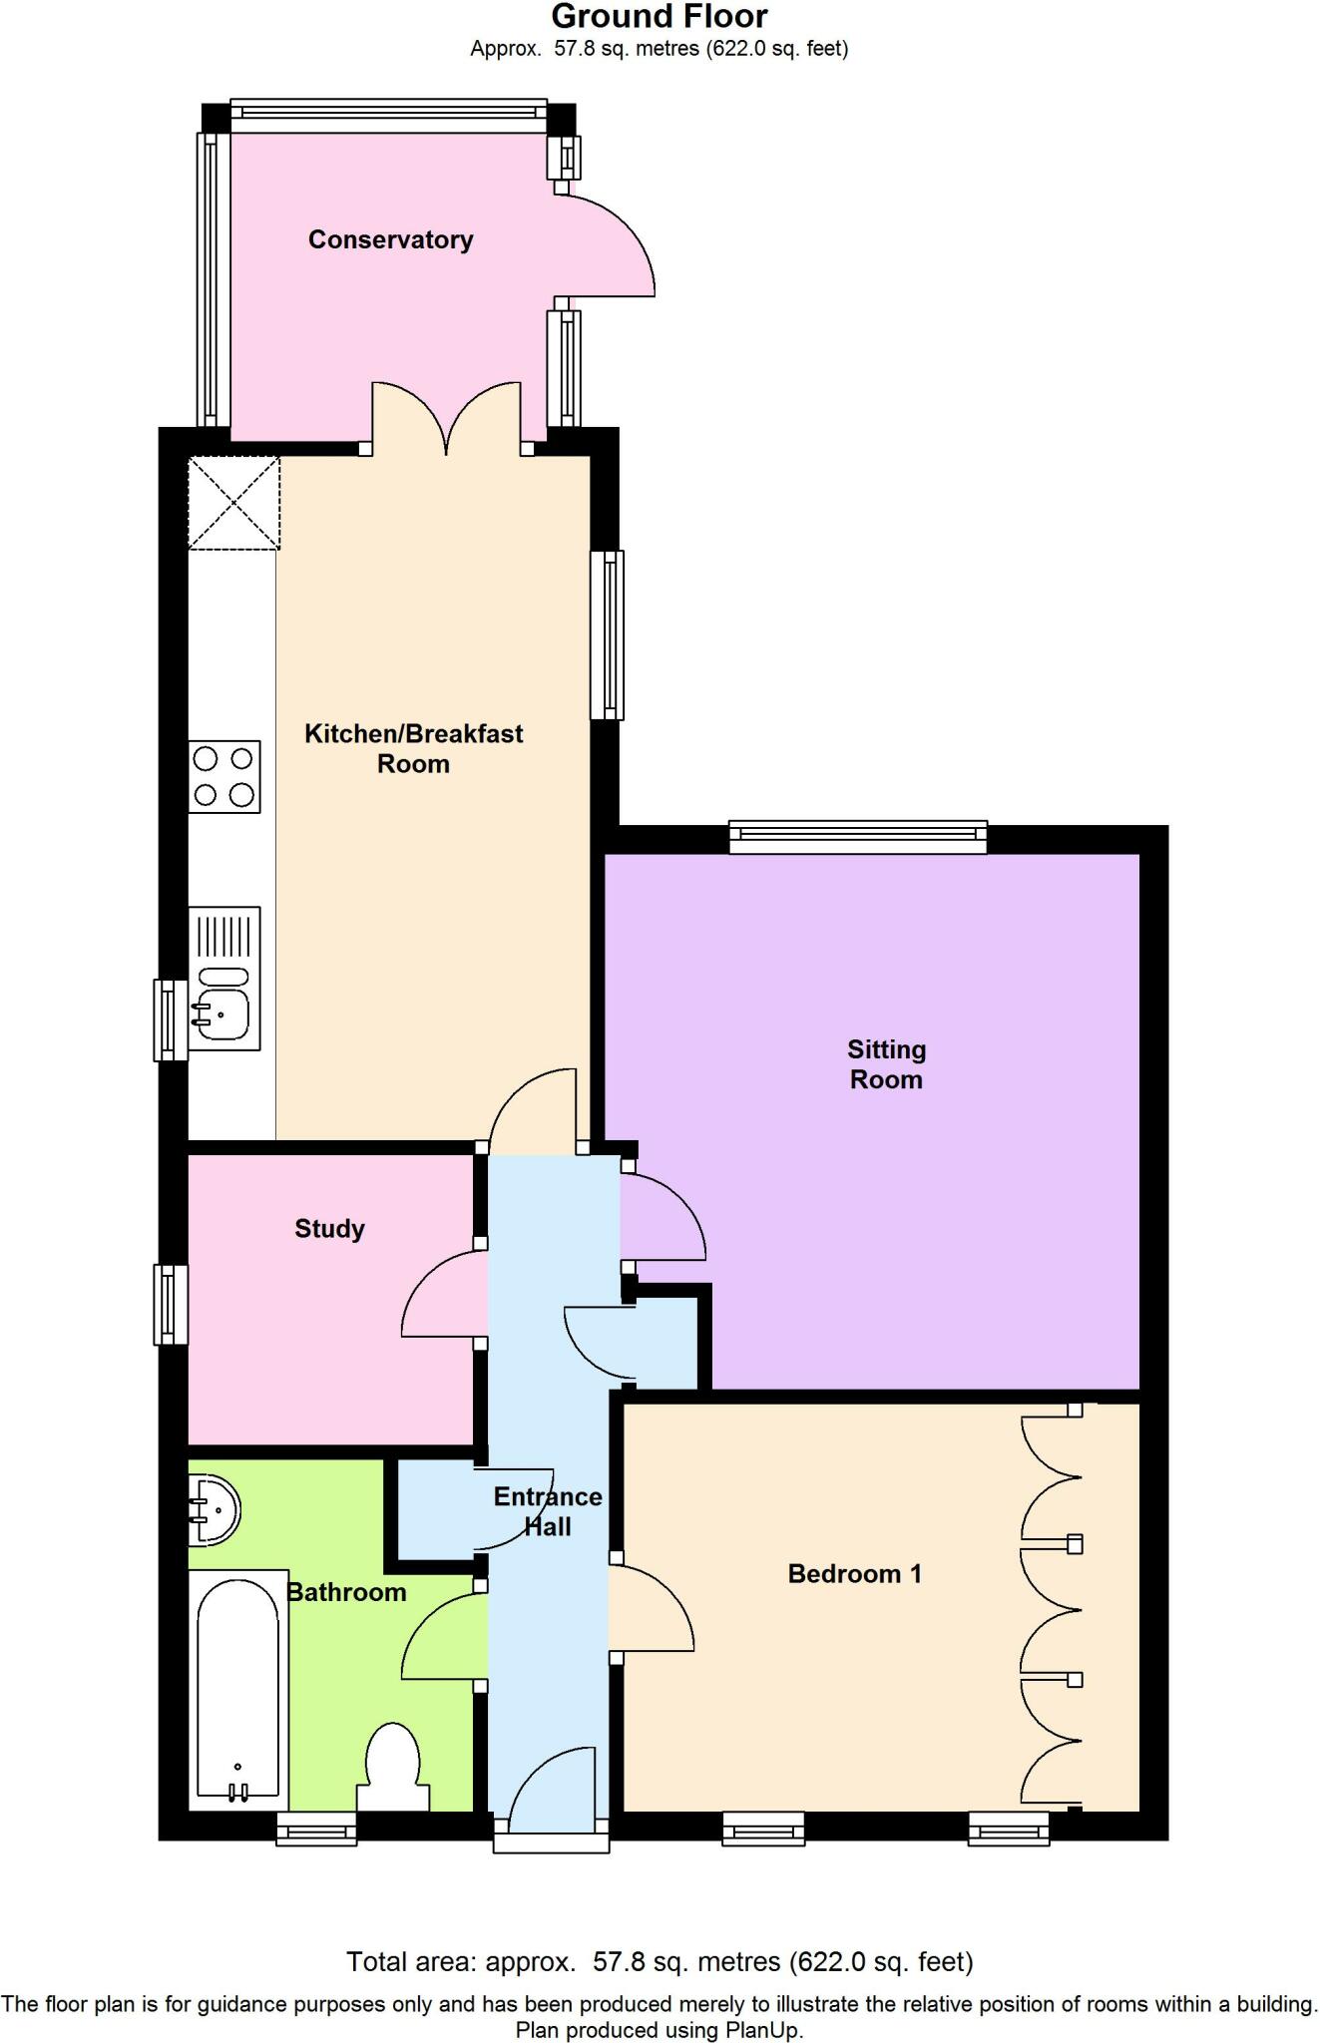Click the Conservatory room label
(390, 239)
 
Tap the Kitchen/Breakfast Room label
(413, 749)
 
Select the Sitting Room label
(886, 1064)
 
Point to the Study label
(329, 1229)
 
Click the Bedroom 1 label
(854, 1574)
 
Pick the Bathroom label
(347, 1592)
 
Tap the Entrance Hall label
(548, 1511)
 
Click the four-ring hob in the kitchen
(224, 777)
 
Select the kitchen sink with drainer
(225, 979)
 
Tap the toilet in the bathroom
(393, 1767)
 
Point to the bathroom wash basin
(214, 1509)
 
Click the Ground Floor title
(660, 17)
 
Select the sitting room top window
(857, 837)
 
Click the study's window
(171, 1304)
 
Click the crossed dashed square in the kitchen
(234, 503)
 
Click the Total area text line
(660, 1961)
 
